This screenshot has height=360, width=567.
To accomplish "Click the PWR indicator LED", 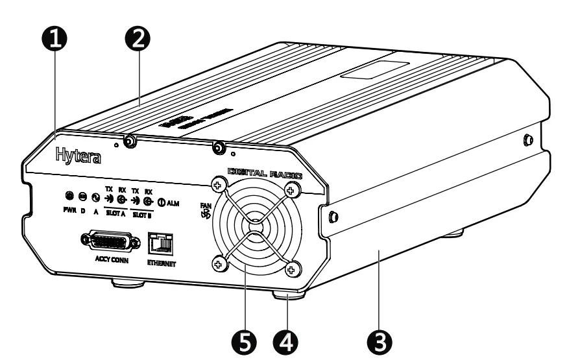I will point(68,196).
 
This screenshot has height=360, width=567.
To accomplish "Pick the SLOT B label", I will point(143,211).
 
